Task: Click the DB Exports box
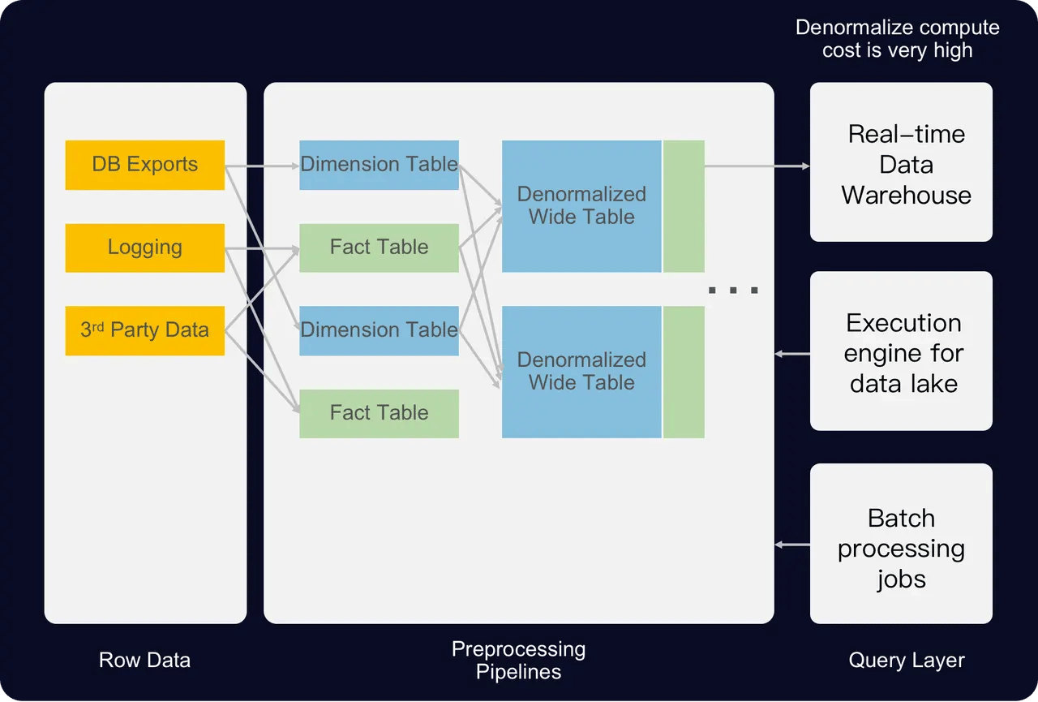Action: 144,165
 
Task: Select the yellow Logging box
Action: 144,248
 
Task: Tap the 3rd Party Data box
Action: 144,330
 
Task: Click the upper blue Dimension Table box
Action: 379,165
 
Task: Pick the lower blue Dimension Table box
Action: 379,330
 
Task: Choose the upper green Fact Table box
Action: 379,248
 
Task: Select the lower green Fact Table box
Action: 379,413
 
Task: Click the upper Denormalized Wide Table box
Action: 581,206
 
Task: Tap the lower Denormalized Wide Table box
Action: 581,372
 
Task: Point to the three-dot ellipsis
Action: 733,290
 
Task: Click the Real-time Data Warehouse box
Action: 901,162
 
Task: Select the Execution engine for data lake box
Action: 901,351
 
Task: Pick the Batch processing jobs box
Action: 901,544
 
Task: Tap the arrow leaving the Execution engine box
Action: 792,354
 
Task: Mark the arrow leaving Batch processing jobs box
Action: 792,545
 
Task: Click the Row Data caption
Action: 144,660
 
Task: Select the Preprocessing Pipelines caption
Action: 518,660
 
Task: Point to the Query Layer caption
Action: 906,660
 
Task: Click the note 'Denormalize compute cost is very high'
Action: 897,38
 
